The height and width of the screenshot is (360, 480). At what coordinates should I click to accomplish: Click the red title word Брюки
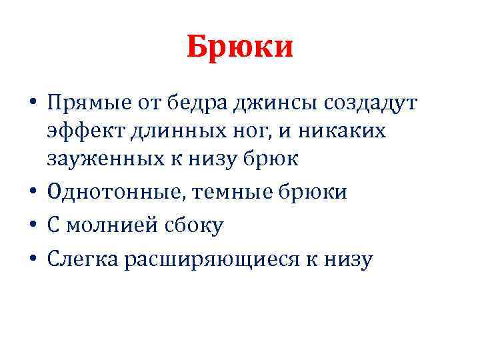click(240, 47)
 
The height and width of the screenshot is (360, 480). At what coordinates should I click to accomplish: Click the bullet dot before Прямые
click(32, 104)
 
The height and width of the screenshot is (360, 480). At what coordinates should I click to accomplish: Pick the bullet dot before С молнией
click(32, 226)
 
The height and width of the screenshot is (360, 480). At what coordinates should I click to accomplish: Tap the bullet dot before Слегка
click(32, 259)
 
